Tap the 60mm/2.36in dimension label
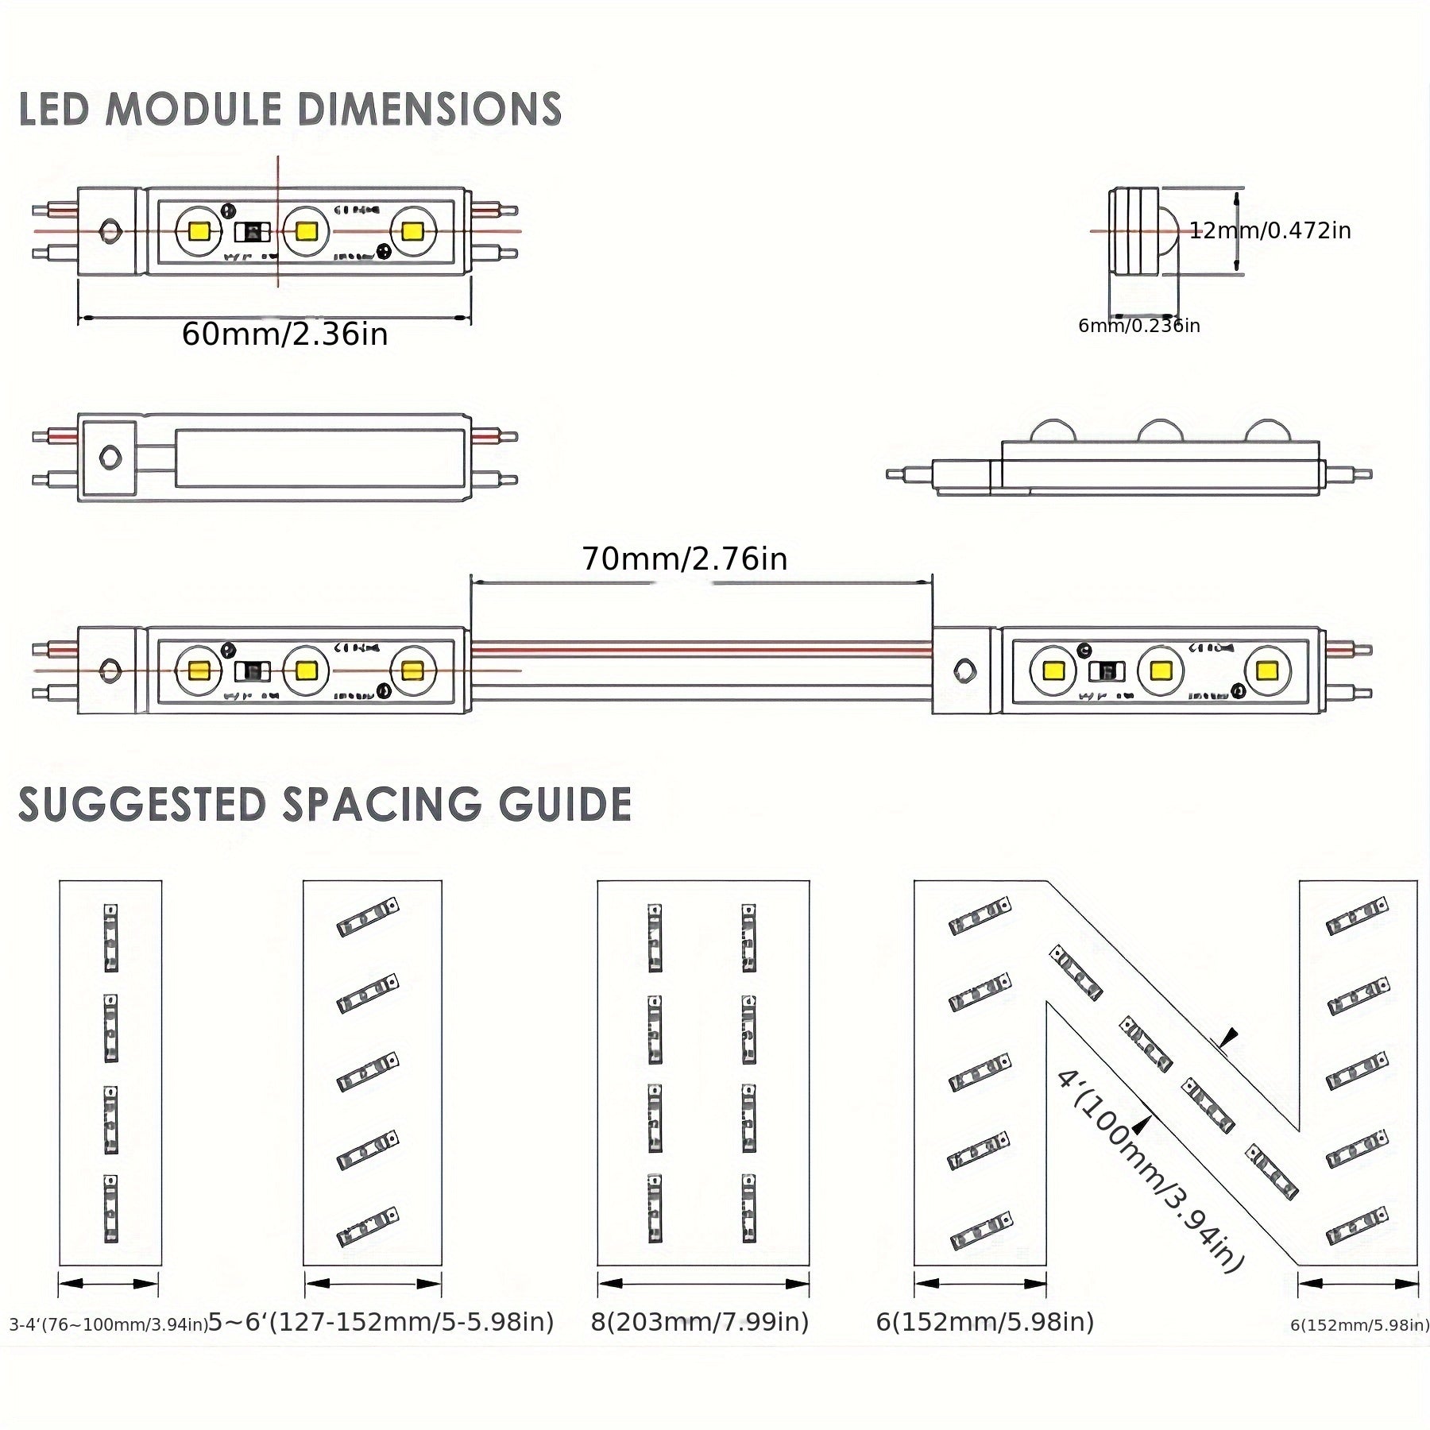point(284,334)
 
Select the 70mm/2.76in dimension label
point(684,559)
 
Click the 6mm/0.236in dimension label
point(1138,326)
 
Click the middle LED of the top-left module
point(305,231)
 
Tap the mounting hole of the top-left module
point(109,231)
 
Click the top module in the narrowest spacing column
point(110,937)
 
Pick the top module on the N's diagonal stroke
point(1076,972)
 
